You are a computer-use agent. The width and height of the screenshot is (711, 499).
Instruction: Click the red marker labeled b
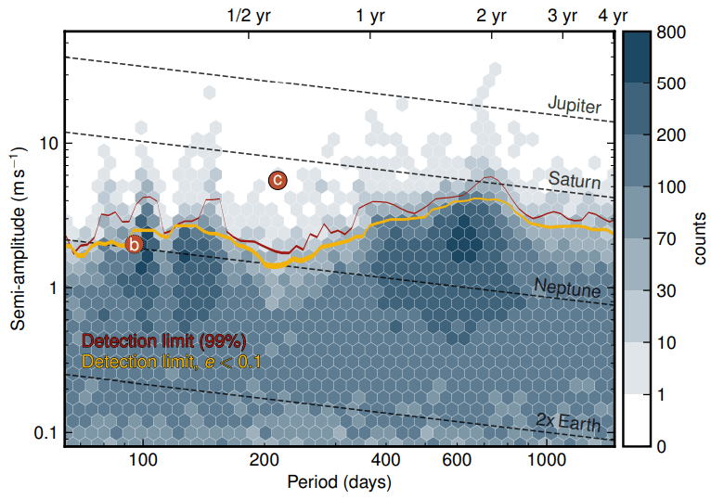point(134,245)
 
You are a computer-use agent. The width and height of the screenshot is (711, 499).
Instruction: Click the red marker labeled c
point(278,181)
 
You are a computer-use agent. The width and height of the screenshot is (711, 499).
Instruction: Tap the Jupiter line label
point(574,105)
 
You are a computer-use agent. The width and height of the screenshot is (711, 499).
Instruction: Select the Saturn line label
point(575,178)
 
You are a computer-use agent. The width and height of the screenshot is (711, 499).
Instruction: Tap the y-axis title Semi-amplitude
point(19,238)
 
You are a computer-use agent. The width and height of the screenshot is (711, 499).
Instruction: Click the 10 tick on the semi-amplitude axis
point(47,145)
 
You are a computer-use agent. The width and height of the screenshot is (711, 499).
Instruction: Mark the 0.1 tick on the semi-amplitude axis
point(44,433)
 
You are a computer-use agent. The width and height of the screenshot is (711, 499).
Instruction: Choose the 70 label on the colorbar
point(668,239)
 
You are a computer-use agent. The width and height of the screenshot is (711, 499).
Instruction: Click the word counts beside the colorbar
point(699,239)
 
